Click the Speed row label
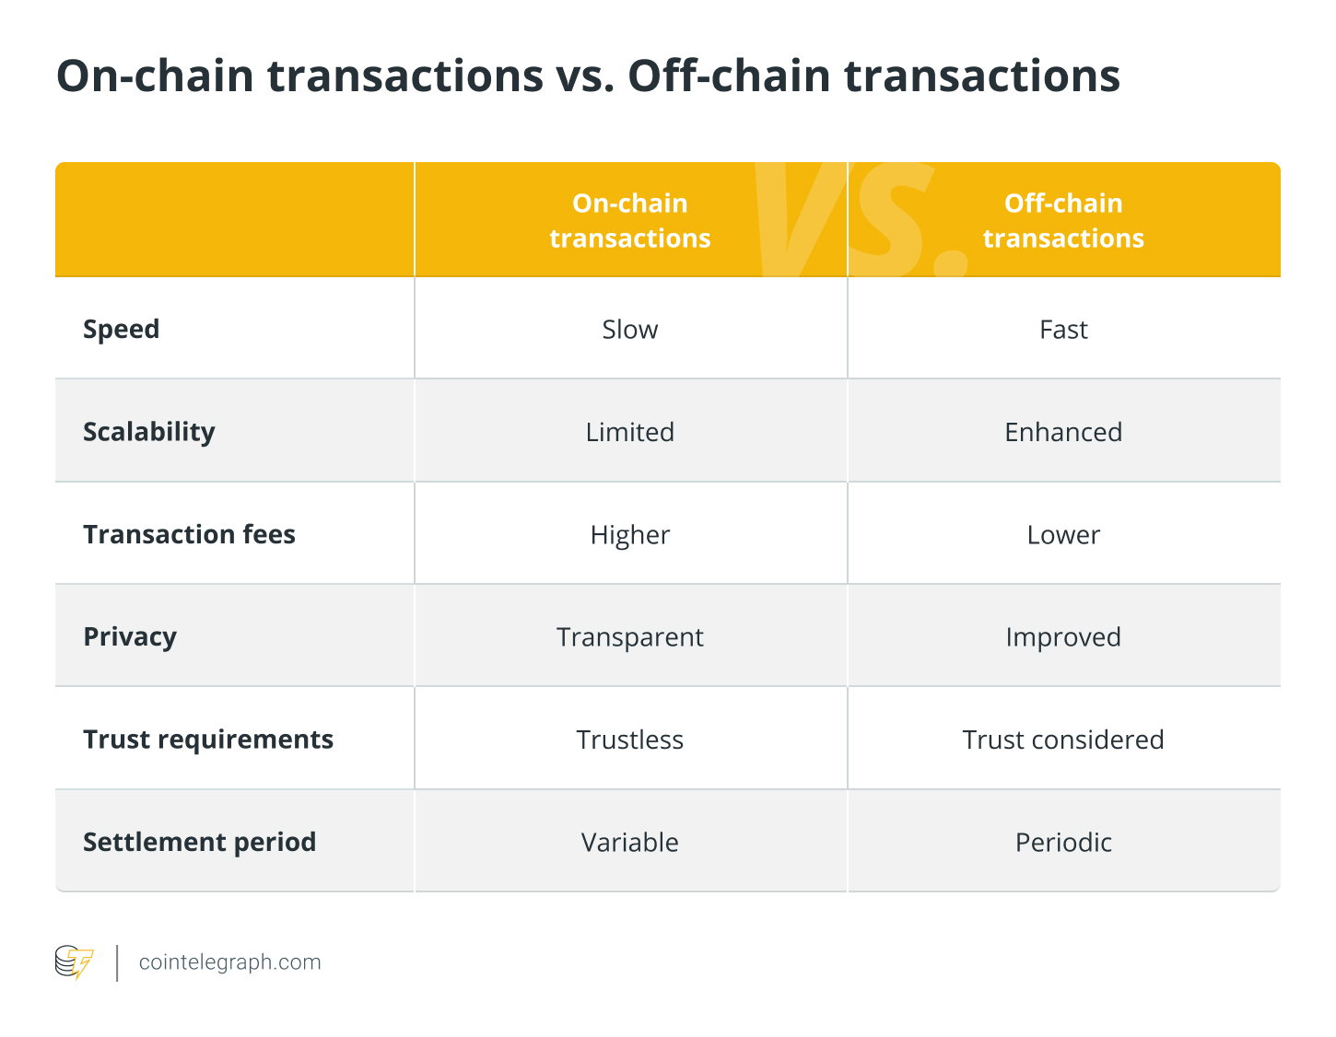point(121,329)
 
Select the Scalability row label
point(148,431)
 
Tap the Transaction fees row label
point(189,534)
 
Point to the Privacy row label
point(129,636)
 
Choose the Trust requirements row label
point(207,740)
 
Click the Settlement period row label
point(199,842)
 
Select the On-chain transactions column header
point(630,220)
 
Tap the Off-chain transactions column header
point(1063,220)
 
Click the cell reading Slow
point(630,329)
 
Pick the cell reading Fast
point(1063,329)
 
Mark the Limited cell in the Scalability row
point(630,431)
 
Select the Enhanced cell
point(1063,431)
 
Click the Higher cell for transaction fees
point(630,534)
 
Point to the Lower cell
point(1063,534)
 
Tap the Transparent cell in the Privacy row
point(630,636)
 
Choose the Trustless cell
point(630,740)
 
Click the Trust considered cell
point(1063,740)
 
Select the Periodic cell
point(1063,842)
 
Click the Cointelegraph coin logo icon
point(74,962)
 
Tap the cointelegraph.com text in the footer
point(229,962)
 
